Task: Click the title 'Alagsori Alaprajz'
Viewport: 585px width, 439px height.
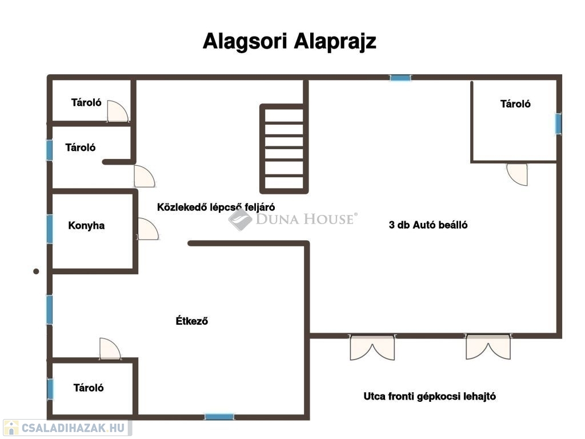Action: [289, 41]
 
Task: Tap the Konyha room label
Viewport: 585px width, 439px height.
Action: [86, 226]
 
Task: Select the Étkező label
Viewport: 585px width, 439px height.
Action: [192, 321]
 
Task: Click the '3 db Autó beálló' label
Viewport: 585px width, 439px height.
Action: [428, 225]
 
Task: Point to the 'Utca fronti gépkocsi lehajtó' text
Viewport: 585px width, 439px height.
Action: [430, 397]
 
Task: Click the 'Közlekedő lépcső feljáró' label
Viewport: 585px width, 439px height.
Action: [216, 207]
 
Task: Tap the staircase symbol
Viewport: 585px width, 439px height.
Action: [284, 149]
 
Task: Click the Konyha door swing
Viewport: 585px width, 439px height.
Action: [148, 229]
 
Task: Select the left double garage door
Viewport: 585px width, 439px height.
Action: [372, 348]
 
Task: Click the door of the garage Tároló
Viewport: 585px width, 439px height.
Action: [517, 174]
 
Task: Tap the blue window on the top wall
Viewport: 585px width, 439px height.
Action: [400, 78]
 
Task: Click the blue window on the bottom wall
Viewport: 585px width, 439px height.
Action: [219, 417]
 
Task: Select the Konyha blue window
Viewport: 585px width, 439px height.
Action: [50, 229]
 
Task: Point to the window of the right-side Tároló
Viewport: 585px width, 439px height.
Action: [558, 124]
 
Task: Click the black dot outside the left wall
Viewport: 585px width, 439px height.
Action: [36, 272]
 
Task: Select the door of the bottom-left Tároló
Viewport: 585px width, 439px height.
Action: [110, 349]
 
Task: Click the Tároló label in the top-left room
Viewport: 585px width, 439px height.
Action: [86, 103]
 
